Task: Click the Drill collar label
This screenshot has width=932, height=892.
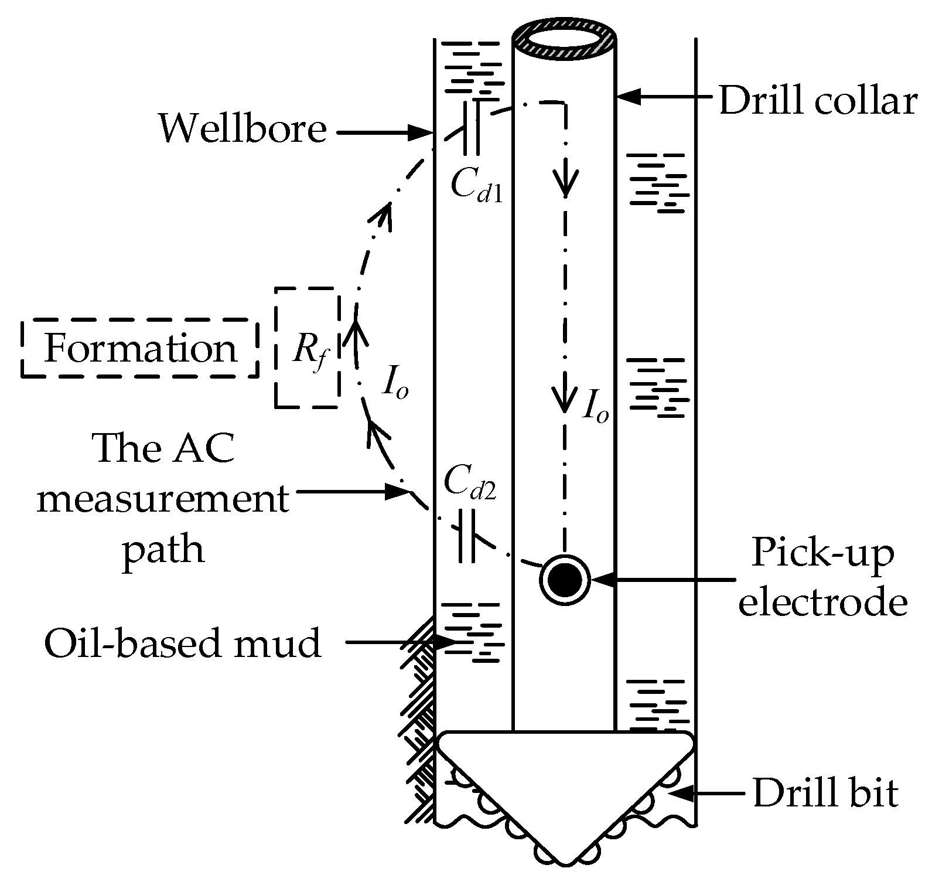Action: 817,102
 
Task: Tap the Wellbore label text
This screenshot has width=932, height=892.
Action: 243,130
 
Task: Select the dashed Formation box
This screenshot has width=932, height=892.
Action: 139,349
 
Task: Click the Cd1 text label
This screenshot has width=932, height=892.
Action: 476,187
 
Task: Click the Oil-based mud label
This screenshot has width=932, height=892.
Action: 183,643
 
